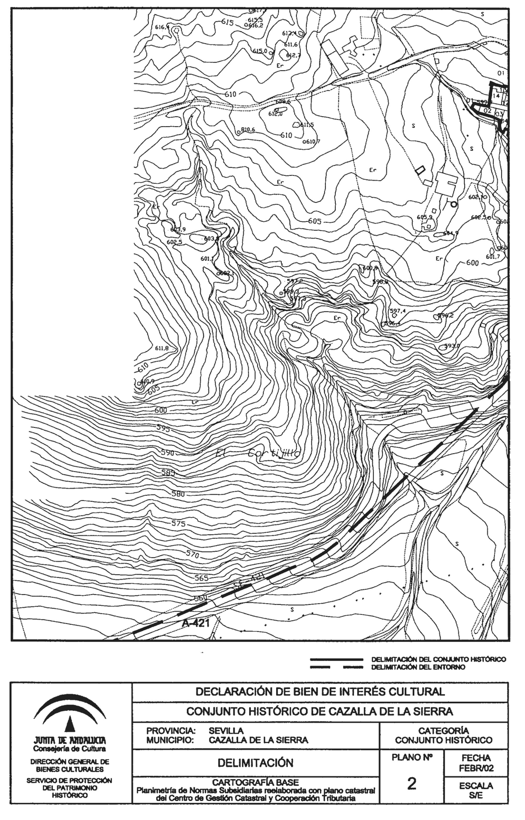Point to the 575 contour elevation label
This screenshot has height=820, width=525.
(178, 523)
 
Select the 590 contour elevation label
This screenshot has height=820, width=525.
(167, 453)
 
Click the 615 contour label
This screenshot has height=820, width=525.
(227, 22)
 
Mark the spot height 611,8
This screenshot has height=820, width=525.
(162, 348)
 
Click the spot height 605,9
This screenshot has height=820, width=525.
(424, 217)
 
